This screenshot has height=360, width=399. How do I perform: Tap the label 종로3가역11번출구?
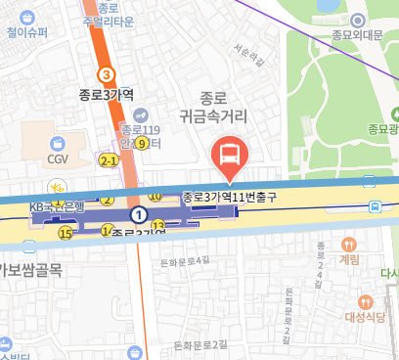(x=231, y=197)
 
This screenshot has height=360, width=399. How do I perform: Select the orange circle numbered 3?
(x=107, y=74)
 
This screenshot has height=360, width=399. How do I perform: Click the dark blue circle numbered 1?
(x=140, y=213)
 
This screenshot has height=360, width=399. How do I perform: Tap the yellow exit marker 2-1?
(x=109, y=159)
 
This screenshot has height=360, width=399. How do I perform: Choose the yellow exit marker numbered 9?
(x=142, y=144)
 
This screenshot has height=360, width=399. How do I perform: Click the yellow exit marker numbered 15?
(x=66, y=233)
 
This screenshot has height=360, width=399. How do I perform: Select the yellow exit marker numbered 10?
(x=156, y=197)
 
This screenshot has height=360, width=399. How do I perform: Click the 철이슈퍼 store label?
(x=26, y=32)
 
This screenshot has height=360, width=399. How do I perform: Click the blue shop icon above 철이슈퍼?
(x=26, y=14)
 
